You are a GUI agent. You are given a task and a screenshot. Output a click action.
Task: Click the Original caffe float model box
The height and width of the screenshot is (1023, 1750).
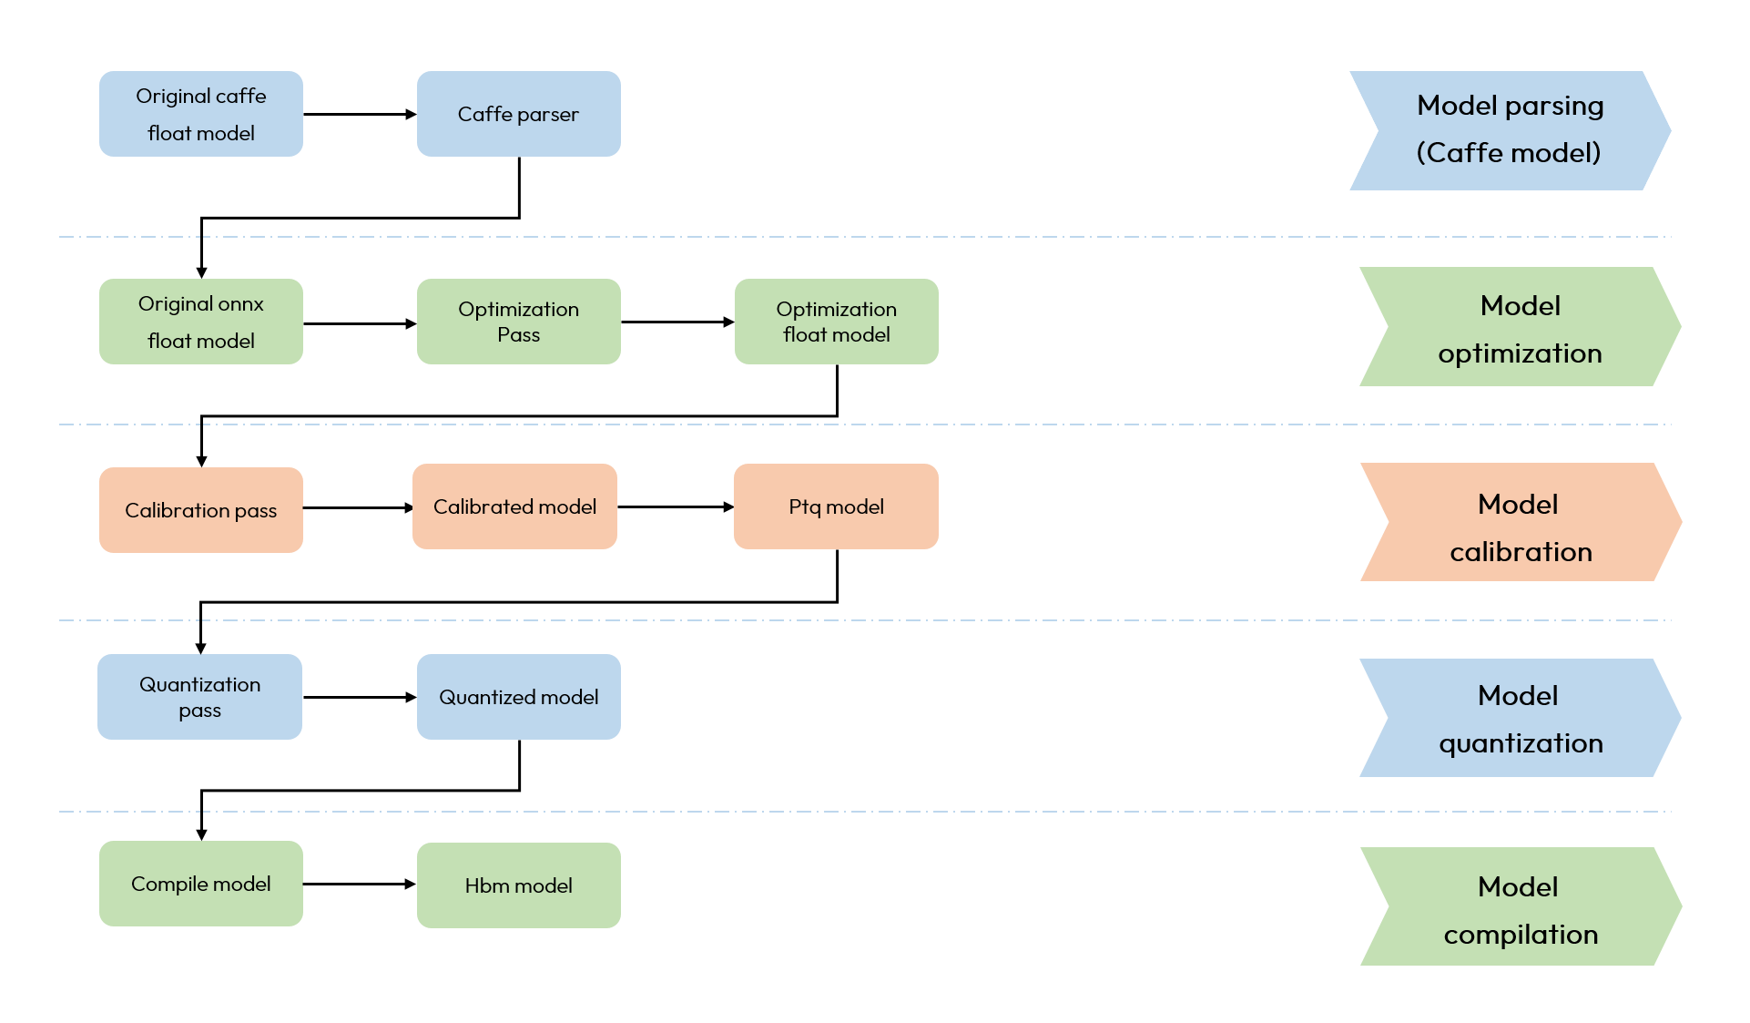tap(200, 114)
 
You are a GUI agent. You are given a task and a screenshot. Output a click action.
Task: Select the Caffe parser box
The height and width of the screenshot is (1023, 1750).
tap(518, 114)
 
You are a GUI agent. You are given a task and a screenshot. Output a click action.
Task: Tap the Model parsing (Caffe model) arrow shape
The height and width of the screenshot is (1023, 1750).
tap(1509, 130)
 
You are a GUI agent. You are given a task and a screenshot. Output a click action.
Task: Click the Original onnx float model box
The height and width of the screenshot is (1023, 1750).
tap(200, 322)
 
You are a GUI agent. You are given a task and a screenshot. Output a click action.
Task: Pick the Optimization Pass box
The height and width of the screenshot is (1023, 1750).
tap(518, 322)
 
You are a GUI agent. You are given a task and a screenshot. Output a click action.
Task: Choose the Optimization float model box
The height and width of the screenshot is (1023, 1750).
tap(836, 322)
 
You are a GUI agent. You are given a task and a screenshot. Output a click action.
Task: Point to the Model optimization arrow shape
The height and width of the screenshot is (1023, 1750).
tap(1520, 326)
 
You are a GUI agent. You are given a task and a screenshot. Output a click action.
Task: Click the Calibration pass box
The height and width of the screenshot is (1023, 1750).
tap(200, 510)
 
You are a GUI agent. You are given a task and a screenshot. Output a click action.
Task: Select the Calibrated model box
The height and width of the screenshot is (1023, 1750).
tap(514, 506)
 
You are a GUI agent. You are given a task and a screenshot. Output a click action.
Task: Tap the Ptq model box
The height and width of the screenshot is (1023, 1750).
tap(836, 506)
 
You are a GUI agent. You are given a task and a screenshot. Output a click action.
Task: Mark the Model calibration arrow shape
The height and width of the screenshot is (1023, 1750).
tap(1520, 522)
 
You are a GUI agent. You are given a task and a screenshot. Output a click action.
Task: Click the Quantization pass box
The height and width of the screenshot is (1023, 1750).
tap(199, 697)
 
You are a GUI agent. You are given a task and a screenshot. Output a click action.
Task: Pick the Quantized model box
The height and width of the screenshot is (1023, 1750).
tap(518, 697)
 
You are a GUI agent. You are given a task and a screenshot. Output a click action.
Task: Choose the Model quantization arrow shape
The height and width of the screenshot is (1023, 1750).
tap(1520, 718)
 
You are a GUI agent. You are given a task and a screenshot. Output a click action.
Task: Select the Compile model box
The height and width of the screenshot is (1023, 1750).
tap(200, 884)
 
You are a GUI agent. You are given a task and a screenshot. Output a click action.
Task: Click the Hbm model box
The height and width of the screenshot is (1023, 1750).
tap(518, 885)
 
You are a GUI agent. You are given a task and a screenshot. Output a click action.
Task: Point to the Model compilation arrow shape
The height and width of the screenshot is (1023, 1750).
tap(1520, 906)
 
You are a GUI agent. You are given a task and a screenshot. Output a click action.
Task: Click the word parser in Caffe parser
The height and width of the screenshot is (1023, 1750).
tap(548, 115)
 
